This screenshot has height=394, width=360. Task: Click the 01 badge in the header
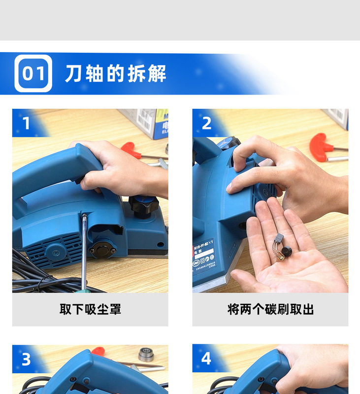click(33, 73)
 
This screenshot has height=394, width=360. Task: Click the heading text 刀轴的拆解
click(115, 73)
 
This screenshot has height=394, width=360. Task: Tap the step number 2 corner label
click(206, 123)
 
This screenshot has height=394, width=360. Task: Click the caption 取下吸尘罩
click(90, 309)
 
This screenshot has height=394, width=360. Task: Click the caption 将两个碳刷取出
click(270, 309)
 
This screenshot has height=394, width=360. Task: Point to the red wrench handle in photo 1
click(130, 148)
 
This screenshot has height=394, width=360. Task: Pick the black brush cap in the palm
click(286, 252)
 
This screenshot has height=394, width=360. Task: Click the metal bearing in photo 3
click(146, 354)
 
